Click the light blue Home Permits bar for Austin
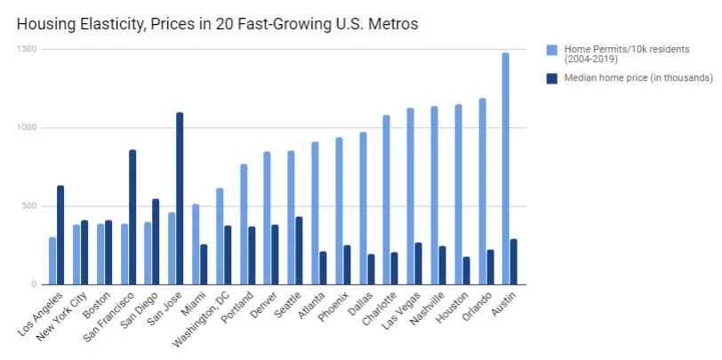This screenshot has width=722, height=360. pyautogui.click(x=505, y=169)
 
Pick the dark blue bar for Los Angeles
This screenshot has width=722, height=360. pyautogui.click(x=60, y=235)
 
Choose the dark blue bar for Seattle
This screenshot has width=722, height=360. pyautogui.click(x=299, y=250)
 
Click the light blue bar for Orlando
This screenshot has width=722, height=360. pyautogui.click(x=481, y=191)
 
